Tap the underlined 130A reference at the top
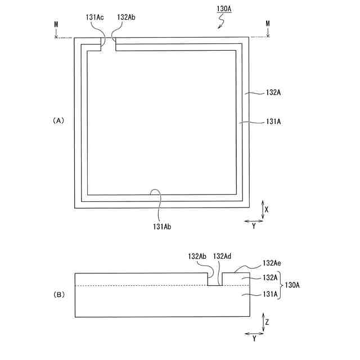click(223, 10)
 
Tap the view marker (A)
click(58, 120)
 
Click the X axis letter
click(267, 209)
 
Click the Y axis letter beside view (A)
click(254, 226)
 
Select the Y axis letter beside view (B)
click(254, 340)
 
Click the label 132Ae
click(271, 263)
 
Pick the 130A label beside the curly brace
click(292, 285)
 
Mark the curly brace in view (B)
click(280, 285)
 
